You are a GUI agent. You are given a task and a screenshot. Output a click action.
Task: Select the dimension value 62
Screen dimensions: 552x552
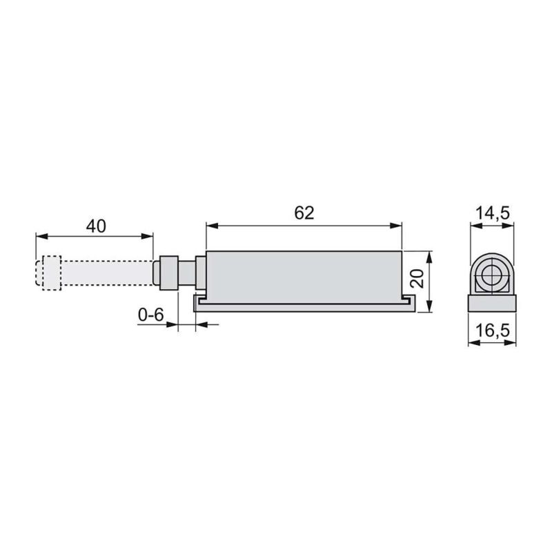click(304, 213)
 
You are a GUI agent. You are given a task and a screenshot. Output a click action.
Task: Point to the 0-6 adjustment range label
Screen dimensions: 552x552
click(150, 315)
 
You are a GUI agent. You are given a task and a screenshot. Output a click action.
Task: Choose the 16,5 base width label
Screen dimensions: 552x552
click(492, 331)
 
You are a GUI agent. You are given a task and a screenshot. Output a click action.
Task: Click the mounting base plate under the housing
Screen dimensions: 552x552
click(304, 303)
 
